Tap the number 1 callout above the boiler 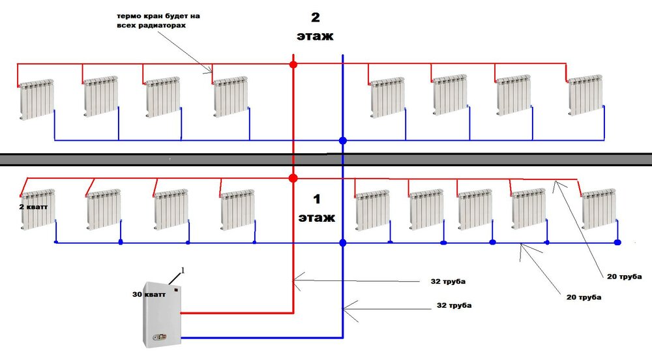[183, 271]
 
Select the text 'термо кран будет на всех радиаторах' [158, 21]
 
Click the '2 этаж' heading [315, 27]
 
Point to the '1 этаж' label [316, 208]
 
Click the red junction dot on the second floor [293, 65]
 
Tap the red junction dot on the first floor [293, 178]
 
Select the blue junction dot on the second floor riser [343, 140]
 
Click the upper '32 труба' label [448, 282]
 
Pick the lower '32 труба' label [454, 305]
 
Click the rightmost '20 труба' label [624, 277]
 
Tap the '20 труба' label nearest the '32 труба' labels [584, 297]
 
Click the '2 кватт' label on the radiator [33, 207]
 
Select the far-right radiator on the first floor [599, 209]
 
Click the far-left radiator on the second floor [37, 99]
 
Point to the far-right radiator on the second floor [585, 95]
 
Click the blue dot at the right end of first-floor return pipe [617, 243]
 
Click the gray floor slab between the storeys [326, 159]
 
